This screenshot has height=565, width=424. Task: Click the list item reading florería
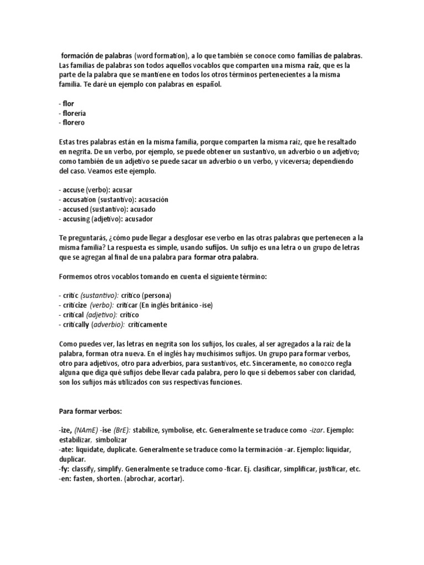pos(75,113)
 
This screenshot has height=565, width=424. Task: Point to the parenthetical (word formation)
pos(161,56)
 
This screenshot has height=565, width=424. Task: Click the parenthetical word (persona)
pos(156,295)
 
